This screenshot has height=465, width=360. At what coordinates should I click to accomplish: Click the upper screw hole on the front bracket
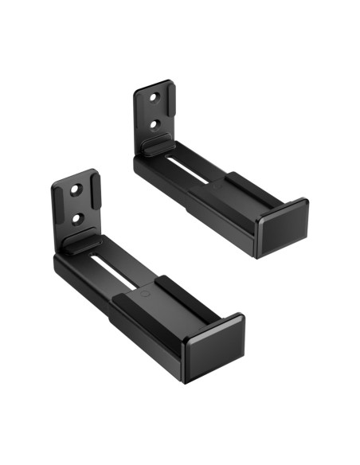tap(76, 192)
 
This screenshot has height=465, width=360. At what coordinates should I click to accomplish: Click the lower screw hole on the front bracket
tap(77, 217)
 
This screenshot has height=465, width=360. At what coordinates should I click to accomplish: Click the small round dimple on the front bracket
tap(143, 291)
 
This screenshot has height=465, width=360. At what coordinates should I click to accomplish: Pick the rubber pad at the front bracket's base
tap(83, 243)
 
